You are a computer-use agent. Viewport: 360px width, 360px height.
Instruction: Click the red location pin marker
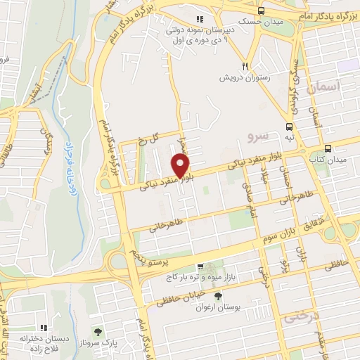click(x=181, y=165)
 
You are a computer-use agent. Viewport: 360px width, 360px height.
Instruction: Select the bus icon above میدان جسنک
click(x=262, y=11)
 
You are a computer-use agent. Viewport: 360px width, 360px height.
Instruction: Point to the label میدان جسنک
click(x=262, y=22)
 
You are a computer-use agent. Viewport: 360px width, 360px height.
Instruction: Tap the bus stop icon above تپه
click(x=290, y=127)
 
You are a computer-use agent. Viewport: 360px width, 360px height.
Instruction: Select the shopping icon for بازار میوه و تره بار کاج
click(x=200, y=267)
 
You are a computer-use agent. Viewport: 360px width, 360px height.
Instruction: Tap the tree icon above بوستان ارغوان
click(x=217, y=296)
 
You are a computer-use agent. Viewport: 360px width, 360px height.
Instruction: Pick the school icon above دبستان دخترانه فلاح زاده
click(x=43, y=328)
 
